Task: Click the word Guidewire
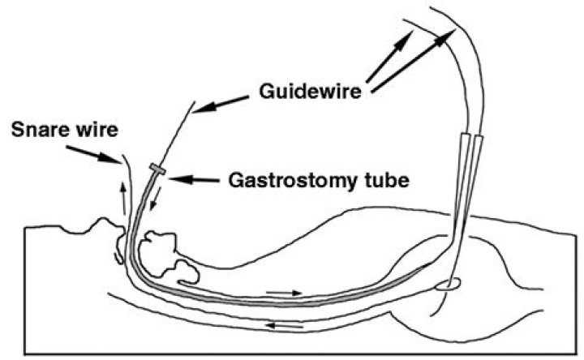click(x=310, y=91)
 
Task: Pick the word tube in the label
click(x=385, y=180)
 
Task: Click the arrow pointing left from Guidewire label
click(x=221, y=104)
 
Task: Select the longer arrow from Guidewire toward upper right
click(x=414, y=61)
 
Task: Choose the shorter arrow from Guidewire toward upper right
click(x=389, y=57)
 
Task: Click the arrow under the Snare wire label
click(x=94, y=155)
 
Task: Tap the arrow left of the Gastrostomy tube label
click(x=194, y=179)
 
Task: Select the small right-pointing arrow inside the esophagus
click(x=284, y=293)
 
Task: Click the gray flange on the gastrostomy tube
click(x=157, y=169)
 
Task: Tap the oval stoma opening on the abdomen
click(x=448, y=285)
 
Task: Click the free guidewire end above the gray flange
click(x=195, y=101)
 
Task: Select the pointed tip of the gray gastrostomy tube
click(x=432, y=263)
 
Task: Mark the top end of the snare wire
click(x=122, y=155)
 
